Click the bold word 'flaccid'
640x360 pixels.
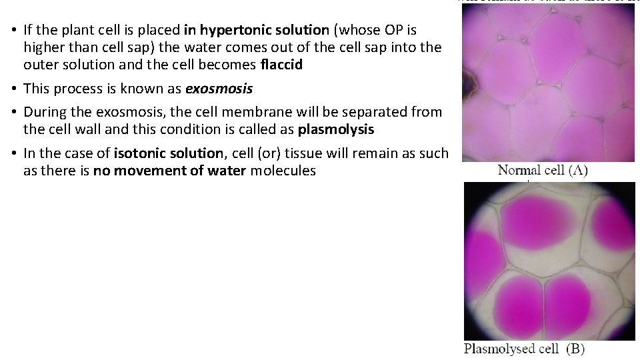point(283,65)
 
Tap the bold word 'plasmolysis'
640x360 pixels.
point(336,129)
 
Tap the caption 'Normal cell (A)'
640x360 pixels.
point(543,171)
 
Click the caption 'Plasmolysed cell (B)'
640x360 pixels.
point(524,349)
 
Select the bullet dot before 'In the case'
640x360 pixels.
point(13,153)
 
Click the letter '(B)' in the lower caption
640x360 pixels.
point(574,349)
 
